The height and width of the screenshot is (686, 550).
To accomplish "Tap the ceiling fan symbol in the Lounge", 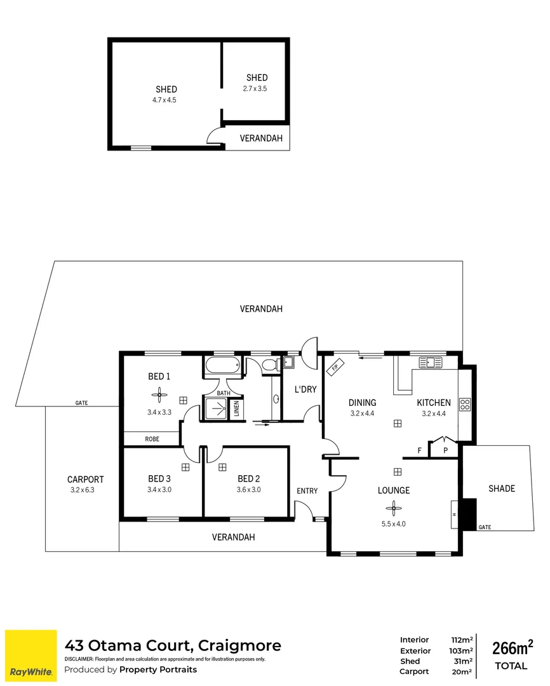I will tap(394, 508).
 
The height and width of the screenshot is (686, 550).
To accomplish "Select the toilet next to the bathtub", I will tap(269, 365).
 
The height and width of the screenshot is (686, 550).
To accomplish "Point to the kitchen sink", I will tap(431, 363).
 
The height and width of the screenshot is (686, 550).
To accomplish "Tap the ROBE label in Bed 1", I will tap(152, 439).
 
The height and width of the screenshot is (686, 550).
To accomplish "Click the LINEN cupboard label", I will tap(236, 409).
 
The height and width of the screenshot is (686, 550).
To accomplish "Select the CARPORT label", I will tap(85, 480).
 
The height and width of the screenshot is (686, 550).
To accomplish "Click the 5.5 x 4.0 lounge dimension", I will tap(394, 524).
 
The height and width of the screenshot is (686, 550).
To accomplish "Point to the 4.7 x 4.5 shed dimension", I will tap(166, 100).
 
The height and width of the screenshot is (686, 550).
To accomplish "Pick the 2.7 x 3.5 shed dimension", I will tap(255, 89).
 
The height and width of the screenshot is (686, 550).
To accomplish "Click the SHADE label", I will tap(501, 488).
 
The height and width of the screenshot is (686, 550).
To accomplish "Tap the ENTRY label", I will tap(307, 491).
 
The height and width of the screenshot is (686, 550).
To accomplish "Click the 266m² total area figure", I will tap(513, 648).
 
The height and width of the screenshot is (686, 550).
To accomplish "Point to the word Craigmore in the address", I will tap(239, 646).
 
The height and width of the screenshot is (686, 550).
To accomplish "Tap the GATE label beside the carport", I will tap(81, 403).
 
